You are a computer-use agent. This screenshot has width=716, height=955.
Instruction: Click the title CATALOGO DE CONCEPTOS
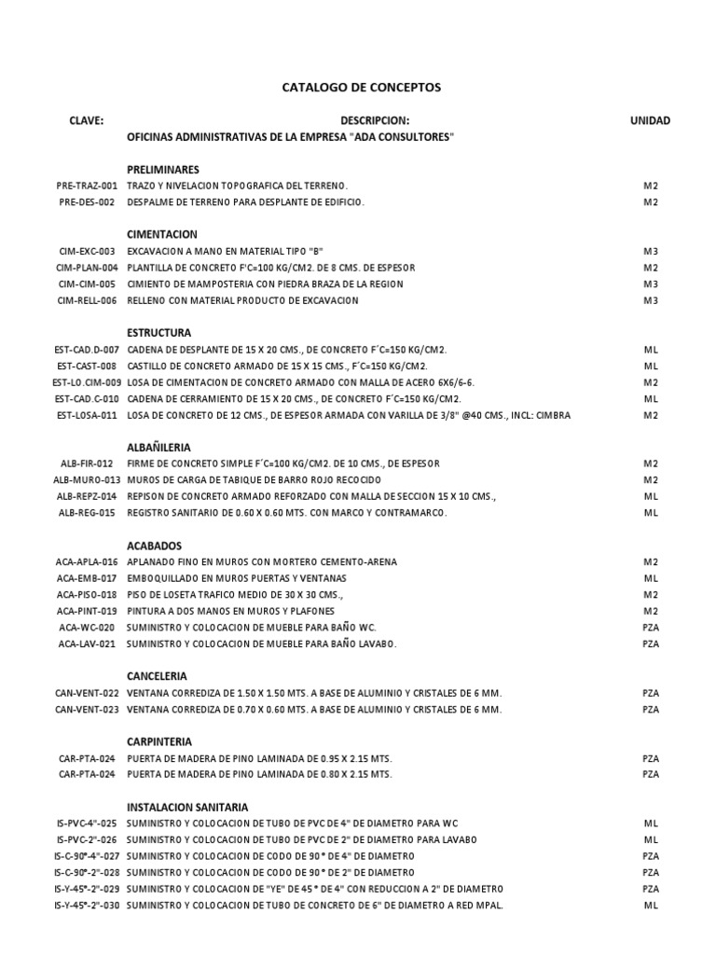click(x=361, y=88)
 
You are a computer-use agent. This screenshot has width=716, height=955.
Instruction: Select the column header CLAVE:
click(x=86, y=120)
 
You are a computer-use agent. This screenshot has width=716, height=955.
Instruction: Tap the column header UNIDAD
click(x=650, y=120)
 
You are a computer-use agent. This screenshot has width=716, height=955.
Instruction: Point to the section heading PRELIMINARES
click(x=163, y=170)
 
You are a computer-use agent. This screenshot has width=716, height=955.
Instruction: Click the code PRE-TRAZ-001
click(x=88, y=186)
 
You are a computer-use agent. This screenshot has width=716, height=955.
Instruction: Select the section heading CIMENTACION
click(x=162, y=235)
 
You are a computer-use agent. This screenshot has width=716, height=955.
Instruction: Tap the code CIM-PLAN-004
click(x=87, y=268)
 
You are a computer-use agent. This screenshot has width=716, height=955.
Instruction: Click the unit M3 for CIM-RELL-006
click(x=651, y=300)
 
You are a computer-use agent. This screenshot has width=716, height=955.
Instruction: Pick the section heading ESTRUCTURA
click(x=159, y=333)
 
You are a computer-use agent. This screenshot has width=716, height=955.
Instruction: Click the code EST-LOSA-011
click(x=87, y=415)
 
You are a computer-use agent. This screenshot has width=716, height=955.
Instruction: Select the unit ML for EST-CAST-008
click(x=651, y=366)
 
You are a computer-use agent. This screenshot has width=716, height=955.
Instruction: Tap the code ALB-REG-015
click(x=88, y=513)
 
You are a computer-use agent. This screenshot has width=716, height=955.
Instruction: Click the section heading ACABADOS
click(x=155, y=546)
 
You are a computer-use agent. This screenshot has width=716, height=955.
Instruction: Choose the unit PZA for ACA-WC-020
click(x=651, y=627)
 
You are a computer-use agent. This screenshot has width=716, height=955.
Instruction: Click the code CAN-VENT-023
click(x=87, y=709)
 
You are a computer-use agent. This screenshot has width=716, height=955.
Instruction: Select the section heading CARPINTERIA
click(x=158, y=741)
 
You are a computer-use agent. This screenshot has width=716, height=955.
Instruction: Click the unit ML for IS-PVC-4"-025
click(x=651, y=823)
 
